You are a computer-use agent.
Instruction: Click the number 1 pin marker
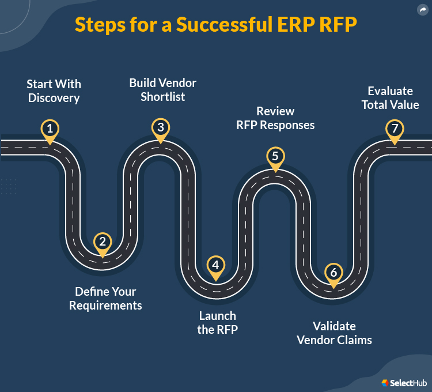50,128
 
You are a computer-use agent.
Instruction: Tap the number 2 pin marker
103,242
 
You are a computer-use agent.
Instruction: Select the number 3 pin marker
161,127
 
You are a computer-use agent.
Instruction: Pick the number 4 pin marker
215,265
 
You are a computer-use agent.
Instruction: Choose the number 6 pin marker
332,272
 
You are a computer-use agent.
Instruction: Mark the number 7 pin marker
395,128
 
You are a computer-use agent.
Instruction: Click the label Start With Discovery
53,91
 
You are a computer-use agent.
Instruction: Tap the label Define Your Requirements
105,299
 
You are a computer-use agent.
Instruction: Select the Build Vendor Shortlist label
163,90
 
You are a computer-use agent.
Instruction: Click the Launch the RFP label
218,323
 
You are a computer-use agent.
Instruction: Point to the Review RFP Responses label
275,118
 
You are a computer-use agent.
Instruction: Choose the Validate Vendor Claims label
334,333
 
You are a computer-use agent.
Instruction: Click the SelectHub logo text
408,383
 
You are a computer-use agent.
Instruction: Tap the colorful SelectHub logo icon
385,383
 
